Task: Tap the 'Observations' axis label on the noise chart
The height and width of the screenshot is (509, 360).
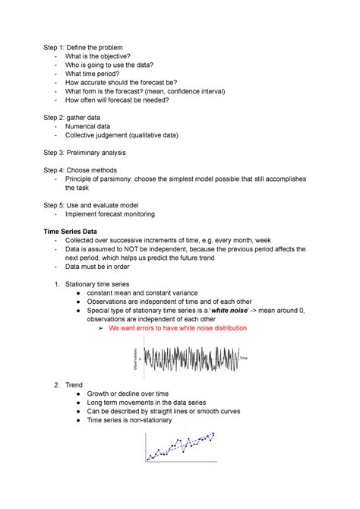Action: [135, 357]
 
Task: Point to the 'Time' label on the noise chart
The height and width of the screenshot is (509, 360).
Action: [244, 357]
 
